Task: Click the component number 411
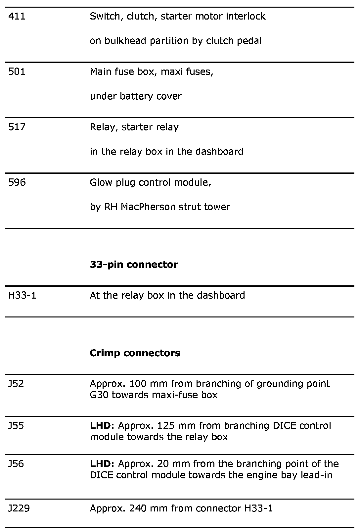[x=17, y=16]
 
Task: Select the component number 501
[x=17, y=72]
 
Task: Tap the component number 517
[x=17, y=127]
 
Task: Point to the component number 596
[x=17, y=182]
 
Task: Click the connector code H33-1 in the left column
[x=22, y=295]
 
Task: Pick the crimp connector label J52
[x=16, y=384]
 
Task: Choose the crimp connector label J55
[x=16, y=425]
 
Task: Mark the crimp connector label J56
[x=16, y=464]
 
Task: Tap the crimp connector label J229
[x=19, y=508]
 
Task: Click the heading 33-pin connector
[x=134, y=265]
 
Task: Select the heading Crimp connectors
[x=135, y=353]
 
